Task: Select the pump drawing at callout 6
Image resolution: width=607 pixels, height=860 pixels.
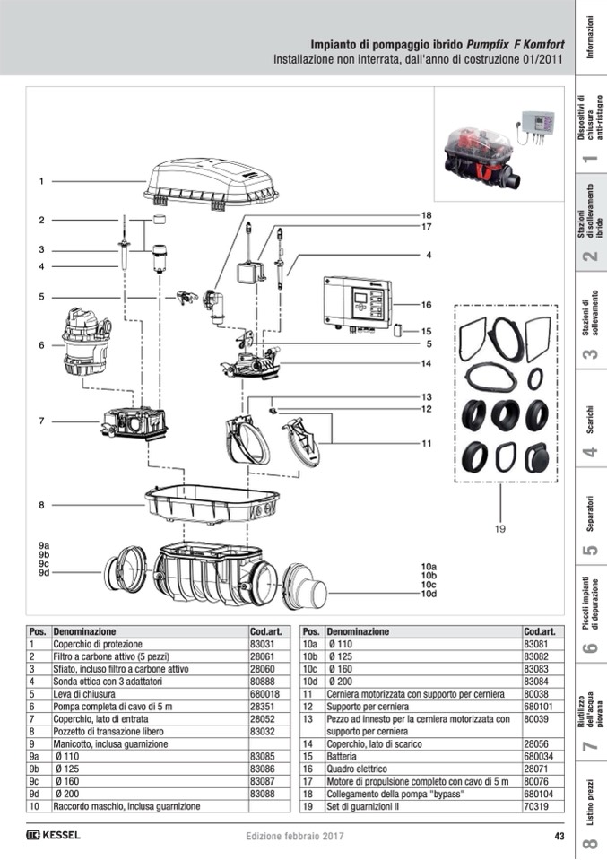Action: pyautogui.click(x=86, y=342)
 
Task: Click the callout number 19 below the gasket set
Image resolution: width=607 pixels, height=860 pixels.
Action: pyautogui.click(x=501, y=529)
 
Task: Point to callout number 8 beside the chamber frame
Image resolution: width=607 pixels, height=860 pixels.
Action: pyautogui.click(x=41, y=506)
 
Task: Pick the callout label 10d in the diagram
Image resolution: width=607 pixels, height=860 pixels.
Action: pyautogui.click(x=429, y=594)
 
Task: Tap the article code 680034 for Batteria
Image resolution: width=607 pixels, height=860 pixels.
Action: pyautogui.click(x=538, y=757)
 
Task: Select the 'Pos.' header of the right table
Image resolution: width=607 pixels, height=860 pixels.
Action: pyautogui.click(x=312, y=631)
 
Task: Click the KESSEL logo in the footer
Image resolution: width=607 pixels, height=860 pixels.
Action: pyautogui.click(x=54, y=836)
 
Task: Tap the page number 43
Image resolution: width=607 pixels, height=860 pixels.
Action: pyautogui.click(x=559, y=837)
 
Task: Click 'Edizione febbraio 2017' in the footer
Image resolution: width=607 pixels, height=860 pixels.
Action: pyautogui.click(x=296, y=837)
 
